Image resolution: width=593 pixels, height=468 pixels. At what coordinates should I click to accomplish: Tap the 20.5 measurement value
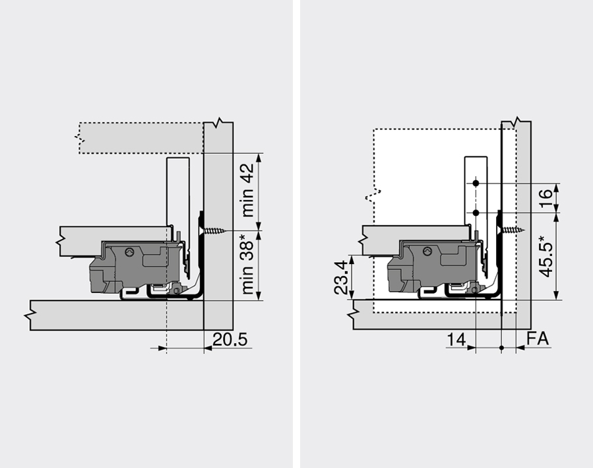(230, 339)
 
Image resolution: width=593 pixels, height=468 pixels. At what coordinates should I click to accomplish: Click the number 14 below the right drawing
(456, 339)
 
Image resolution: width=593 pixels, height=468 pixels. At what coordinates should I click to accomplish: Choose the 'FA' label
(538, 339)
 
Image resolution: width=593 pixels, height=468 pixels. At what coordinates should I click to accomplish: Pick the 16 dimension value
(546, 198)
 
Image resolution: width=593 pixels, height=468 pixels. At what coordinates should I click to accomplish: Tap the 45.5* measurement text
(546, 256)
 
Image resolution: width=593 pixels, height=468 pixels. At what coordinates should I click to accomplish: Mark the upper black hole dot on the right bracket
(475, 183)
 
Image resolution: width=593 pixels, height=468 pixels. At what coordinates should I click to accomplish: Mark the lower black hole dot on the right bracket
(475, 213)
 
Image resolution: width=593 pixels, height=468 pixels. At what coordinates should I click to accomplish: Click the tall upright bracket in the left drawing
(177, 191)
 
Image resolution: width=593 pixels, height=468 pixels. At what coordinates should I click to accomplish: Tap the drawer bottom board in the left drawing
(112, 234)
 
